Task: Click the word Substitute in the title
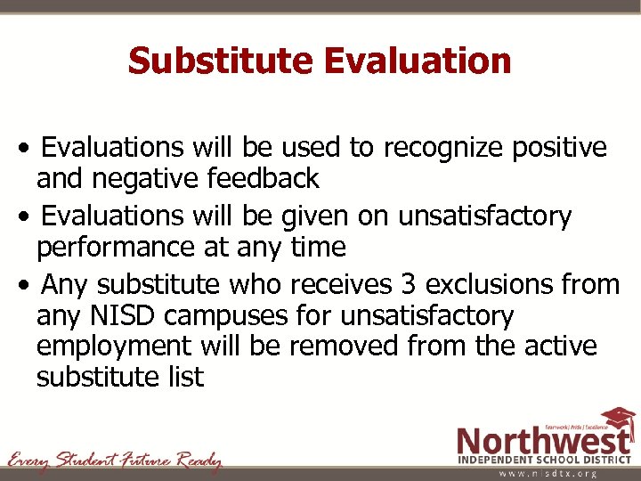[x=222, y=61]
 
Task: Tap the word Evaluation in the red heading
[x=418, y=61]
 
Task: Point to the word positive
[x=560, y=147]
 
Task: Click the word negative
[x=145, y=178]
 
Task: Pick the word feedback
[x=263, y=178]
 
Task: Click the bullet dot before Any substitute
[x=31, y=286]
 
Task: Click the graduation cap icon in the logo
[x=617, y=420]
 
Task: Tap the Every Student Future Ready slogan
[x=115, y=461]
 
